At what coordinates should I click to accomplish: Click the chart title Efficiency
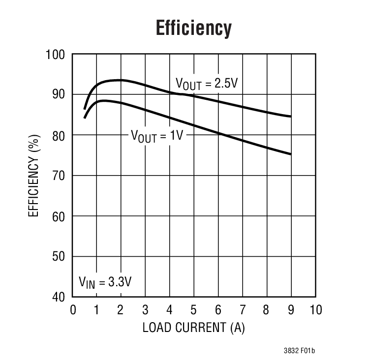193,29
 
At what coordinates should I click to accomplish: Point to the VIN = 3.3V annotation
105,282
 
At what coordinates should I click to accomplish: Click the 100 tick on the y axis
56,54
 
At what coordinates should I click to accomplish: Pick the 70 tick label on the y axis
59,176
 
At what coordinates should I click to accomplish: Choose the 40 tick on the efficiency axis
59,297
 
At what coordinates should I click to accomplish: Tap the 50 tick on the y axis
59,257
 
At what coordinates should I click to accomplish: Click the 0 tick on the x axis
73,310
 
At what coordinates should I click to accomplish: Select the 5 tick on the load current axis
194,310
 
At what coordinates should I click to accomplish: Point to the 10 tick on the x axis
315,310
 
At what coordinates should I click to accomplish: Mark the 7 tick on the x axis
243,310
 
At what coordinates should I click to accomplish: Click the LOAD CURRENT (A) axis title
193,328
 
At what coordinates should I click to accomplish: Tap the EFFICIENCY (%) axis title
33,176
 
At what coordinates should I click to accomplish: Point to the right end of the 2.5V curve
291,117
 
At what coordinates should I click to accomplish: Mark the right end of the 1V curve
291,154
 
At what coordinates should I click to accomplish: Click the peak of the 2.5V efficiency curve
118,80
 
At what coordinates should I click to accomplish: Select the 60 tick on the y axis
59,216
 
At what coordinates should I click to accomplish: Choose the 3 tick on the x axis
146,310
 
